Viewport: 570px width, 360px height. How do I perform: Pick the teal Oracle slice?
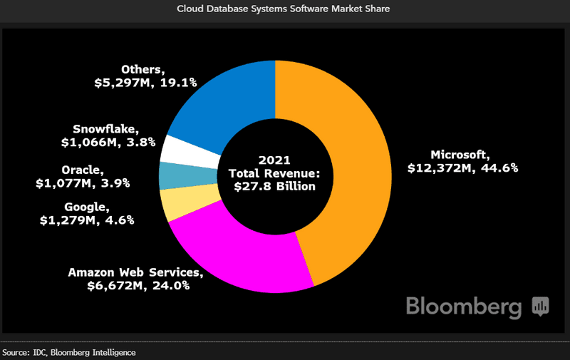point(173,175)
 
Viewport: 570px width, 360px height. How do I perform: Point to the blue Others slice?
point(221,100)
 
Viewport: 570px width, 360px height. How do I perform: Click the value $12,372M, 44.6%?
point(462,168)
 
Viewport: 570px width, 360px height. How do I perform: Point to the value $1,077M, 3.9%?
point(83,183)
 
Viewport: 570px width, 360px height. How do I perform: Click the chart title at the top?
point(284,9)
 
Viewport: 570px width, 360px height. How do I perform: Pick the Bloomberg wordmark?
point(462,306)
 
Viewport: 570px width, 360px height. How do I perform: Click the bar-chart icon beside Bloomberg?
point(539,307)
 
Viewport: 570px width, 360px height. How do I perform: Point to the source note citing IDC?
point(68,352)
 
